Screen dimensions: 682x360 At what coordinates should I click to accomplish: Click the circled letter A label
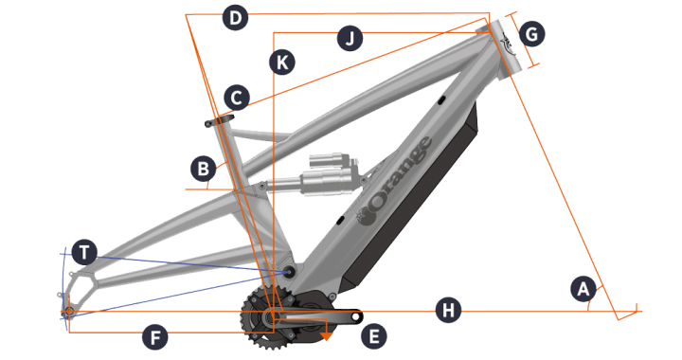(x=583, y=289)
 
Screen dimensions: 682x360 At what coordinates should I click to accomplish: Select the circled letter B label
(x=204, y=169)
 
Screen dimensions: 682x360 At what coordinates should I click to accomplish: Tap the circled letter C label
(x=237, y=98)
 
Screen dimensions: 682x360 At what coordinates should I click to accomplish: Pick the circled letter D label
(x=235, y=18)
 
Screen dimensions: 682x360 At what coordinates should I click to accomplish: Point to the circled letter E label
(x=374, y=336)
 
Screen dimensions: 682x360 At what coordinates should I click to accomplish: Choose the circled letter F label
(x=155, y=337)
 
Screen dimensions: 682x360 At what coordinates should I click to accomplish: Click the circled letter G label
(x=532, y=33)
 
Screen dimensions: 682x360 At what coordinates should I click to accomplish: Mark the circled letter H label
(x=448, y=311)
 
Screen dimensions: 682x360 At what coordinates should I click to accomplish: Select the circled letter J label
(x=350, y=38)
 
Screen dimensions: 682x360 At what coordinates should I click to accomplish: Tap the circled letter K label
(x=282, y=63)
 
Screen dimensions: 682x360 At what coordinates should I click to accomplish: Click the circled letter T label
(x=84, y=252)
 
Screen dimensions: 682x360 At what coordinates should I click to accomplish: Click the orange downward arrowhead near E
(x=326, y=336)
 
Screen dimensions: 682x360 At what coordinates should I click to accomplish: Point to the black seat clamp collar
(x=219, y=119)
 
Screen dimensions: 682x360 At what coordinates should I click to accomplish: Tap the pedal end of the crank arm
(x=357, y=317)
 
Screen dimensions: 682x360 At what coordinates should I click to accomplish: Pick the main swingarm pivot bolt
(x=288, y=272)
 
